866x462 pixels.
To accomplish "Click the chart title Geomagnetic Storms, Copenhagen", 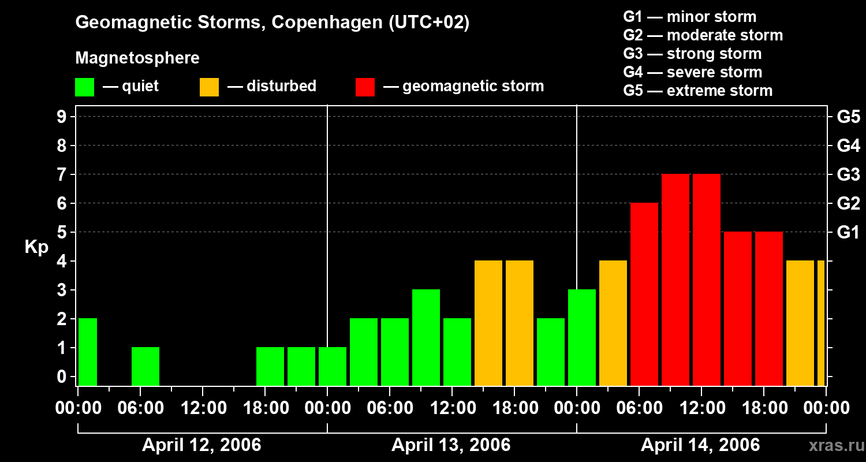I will (272, 23).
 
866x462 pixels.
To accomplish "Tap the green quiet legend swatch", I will (85, 87).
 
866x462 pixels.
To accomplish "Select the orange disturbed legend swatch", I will (209, 87).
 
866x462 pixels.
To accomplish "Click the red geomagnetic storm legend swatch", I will (365, 87).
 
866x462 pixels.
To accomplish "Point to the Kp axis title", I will (36, 247).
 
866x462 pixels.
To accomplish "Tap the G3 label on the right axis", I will (848, 174).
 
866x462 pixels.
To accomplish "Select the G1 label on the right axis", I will (848, 232).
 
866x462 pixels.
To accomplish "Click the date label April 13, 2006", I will (451, 445).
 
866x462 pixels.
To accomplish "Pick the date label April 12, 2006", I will (201, 445).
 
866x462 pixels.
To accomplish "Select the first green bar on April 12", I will (88, 352).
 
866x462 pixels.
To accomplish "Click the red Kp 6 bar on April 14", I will (644, 294).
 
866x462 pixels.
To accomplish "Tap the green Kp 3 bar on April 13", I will (426, 337).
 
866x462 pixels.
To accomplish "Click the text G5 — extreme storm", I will (697, 91).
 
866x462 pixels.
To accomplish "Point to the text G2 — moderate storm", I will (703, 35).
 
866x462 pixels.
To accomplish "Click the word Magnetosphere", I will (137, 58).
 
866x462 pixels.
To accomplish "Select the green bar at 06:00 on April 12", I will (145, 366).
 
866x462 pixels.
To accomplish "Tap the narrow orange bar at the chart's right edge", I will (821, 323).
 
